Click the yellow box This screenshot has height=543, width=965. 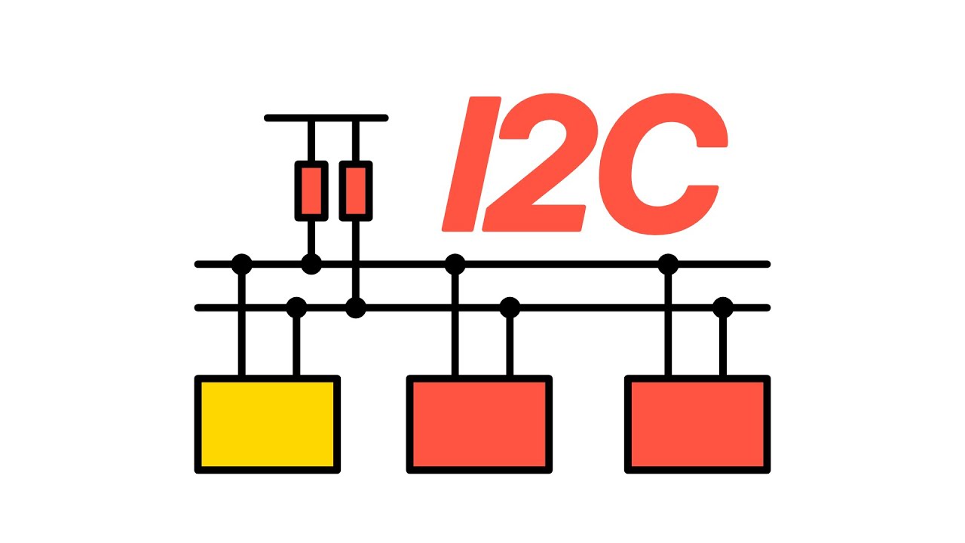coord(268,425)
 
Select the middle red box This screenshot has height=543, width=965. coord(479,425)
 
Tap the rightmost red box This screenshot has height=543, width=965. coord(697,425)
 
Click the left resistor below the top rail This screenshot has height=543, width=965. coord(311,191)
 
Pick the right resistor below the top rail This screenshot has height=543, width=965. coord(356,191)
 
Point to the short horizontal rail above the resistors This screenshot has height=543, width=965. coord(326,118)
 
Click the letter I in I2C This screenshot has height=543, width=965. coord(472,164)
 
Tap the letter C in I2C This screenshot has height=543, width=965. coord(663,164)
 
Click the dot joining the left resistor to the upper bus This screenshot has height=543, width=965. coord(311,264)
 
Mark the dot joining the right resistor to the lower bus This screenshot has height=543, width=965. coord(356,308)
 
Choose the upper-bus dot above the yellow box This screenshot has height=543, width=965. coord(242,264)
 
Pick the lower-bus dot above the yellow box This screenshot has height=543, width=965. coord(296,308)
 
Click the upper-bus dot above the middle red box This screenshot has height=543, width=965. coord(455,264)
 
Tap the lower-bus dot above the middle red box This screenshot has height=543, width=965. coord(510,308)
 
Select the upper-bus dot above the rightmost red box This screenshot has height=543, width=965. coord(668,264)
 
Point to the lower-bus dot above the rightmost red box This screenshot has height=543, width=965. coord(723,308)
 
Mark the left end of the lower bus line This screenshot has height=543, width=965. coord(198,308)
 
